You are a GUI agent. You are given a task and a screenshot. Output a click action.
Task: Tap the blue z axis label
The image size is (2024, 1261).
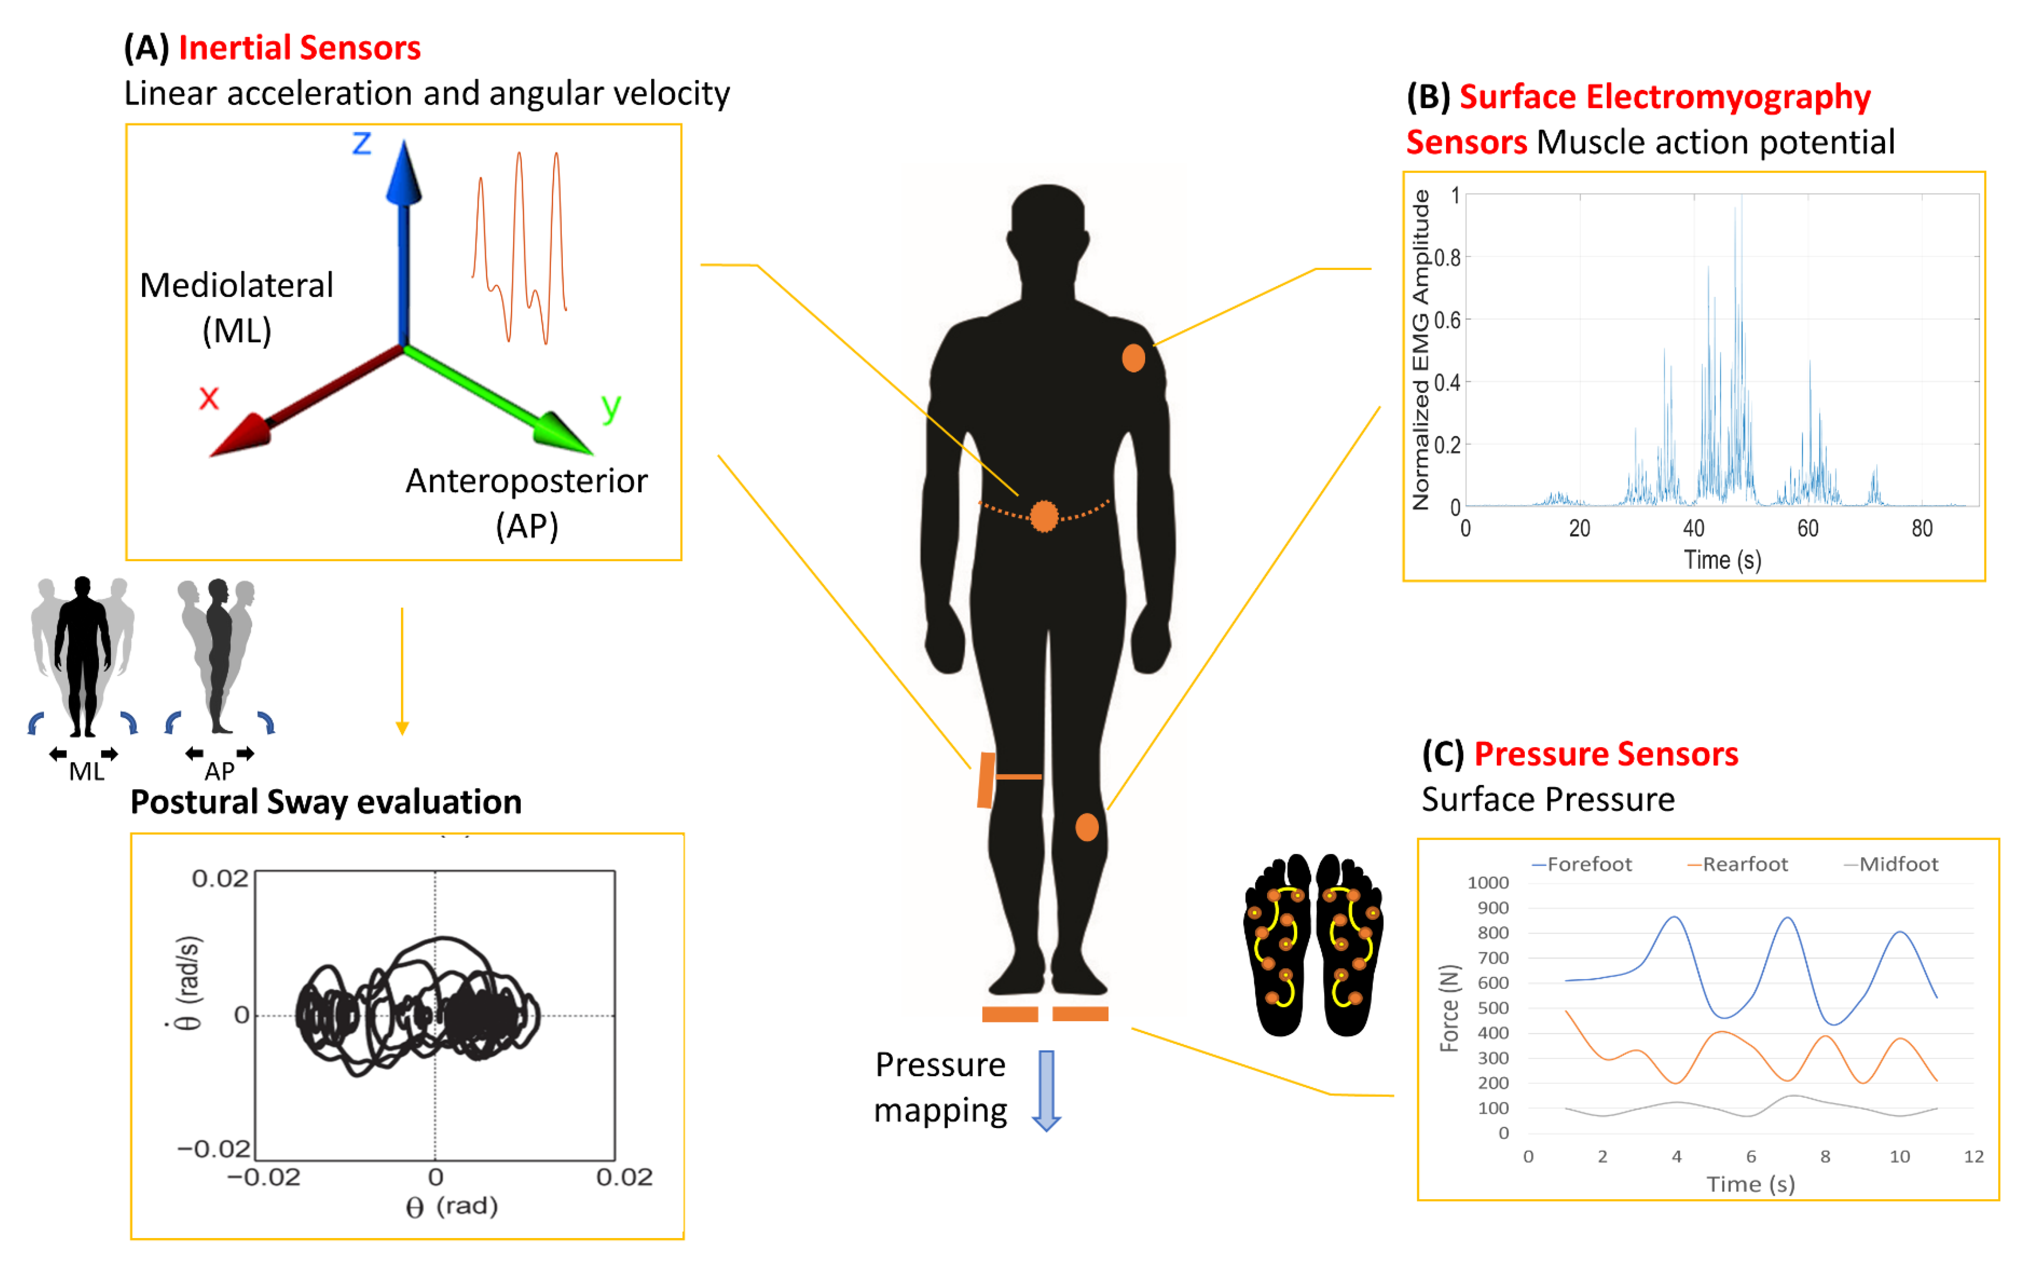coord(361,143)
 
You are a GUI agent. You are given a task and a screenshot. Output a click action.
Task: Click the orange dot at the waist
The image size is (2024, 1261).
coord(1044,516)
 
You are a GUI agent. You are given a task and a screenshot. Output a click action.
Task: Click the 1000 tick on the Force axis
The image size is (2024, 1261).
coord(1488,882)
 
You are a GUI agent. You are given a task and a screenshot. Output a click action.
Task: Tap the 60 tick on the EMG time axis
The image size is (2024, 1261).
coord(1807,529)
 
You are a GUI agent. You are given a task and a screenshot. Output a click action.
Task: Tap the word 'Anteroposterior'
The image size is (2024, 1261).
coord(526,481)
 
